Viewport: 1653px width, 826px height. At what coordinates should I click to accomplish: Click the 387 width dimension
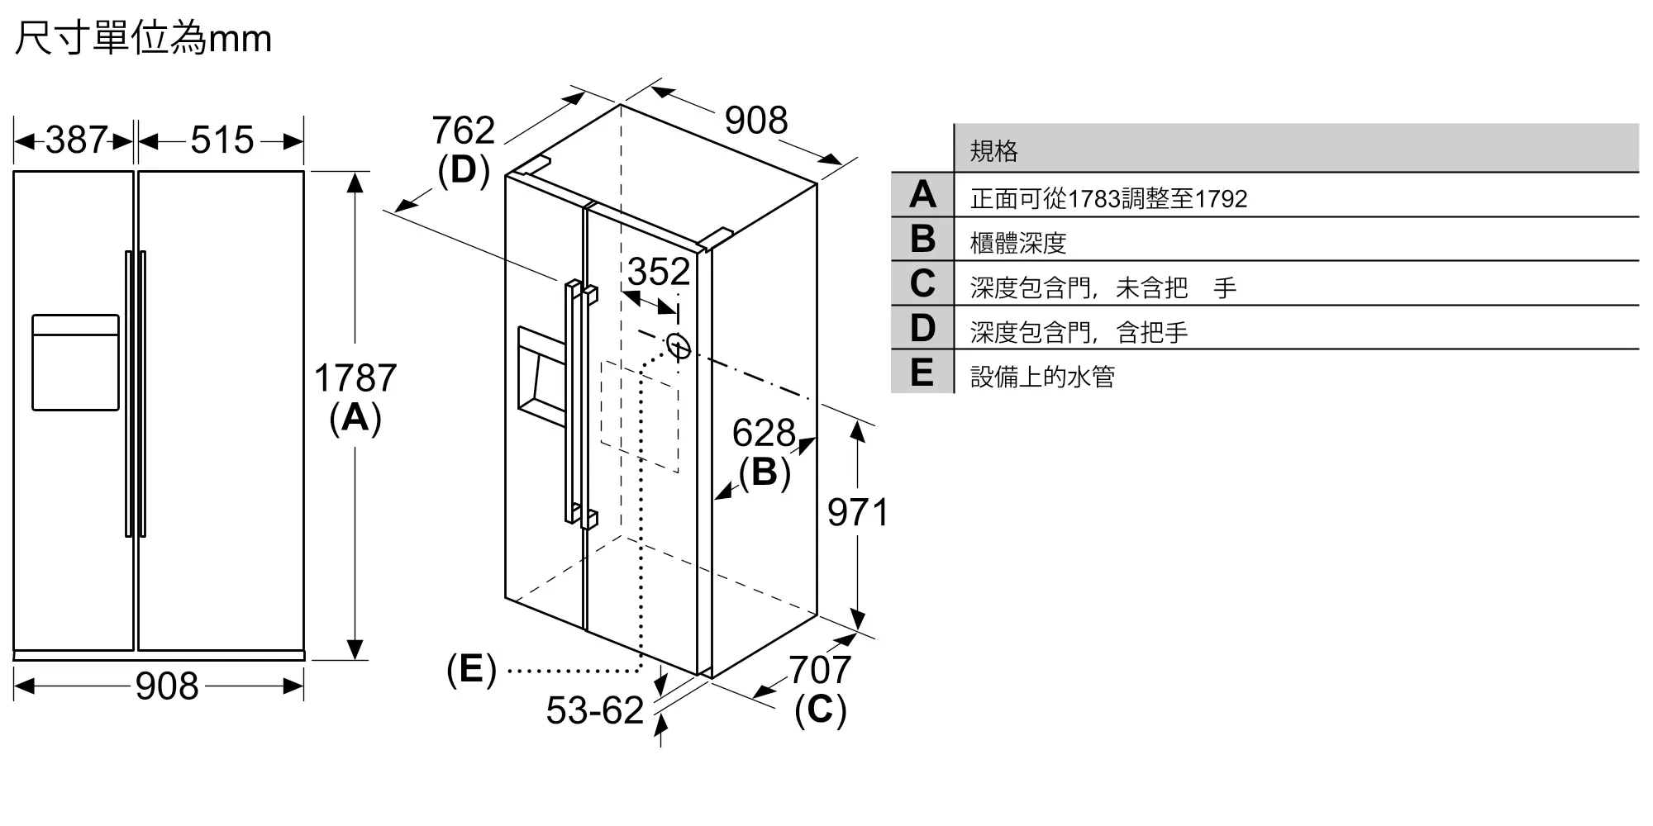(x=77, y=140)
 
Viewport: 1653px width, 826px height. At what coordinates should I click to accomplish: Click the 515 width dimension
(x=222, y=140)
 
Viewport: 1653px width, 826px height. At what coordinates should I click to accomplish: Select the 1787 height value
(x=355, y=378)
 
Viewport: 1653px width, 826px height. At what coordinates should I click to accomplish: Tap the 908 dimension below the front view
(x=167, y=686)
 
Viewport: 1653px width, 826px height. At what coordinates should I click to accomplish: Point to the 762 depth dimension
(x=463, y=131)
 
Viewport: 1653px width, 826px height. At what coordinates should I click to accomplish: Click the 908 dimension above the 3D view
(x=756, y=121)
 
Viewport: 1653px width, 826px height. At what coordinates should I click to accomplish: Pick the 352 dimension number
(x=659, y=272)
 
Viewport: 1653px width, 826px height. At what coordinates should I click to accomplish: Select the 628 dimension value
(x=764, y=433)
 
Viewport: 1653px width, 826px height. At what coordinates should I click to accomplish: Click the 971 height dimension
(x=858, y=512)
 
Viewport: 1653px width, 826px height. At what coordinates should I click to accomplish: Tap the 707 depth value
(x=820, y=670)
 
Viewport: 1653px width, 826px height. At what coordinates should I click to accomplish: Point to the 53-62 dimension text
(x=595, y=710)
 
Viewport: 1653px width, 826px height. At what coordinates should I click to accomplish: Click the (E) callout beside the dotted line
(x=471, y=669)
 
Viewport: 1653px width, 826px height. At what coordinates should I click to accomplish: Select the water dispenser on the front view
(x=75, y=362)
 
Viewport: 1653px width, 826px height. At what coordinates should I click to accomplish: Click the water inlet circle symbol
(x=678, y=346)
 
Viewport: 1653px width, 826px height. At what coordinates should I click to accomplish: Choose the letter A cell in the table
(x=922, y=195)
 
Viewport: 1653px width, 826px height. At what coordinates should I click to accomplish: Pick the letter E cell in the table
(x=922, y=372)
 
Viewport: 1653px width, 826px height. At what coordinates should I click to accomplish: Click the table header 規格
(x=993, y=150)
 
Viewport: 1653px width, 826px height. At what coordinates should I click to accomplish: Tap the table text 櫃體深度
(x=1018, y=243)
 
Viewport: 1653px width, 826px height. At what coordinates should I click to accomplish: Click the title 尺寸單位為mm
(x=143, y=38)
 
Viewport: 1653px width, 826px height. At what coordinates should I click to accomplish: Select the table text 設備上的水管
(x=1042, y=377)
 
